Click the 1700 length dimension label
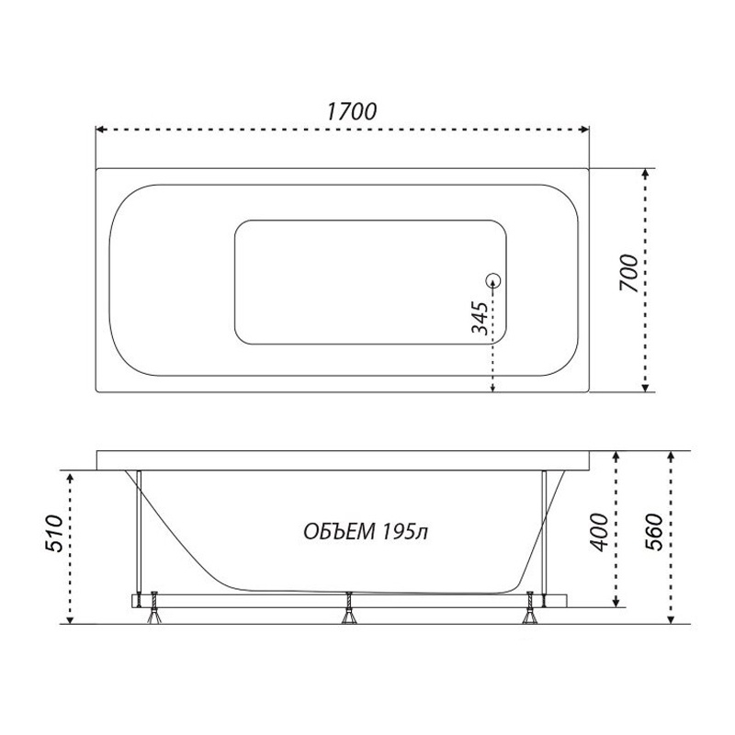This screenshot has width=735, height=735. pyautogui.click(x=352, y=111)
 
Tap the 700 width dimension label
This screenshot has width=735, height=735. pyautogui.click(x=629, y=273)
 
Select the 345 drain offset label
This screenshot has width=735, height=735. pyautogui.click(x=480, y=318)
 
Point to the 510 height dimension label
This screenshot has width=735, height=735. pyautogui.click(x=53, y=534)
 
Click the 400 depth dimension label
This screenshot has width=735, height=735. pyautogui.click(x=599, y=533)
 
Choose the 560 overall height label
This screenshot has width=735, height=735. pyautogui.click(x=654, y=533)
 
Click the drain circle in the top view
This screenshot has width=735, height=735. pyautogui.click(x=493, y=281)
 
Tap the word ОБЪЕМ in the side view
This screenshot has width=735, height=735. pyautogui.click(x=340, y=532)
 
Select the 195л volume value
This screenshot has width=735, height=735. pyautogui.click(x=405, y=532)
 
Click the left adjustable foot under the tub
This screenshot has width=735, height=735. pyautogui.click(x=153, y=609)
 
